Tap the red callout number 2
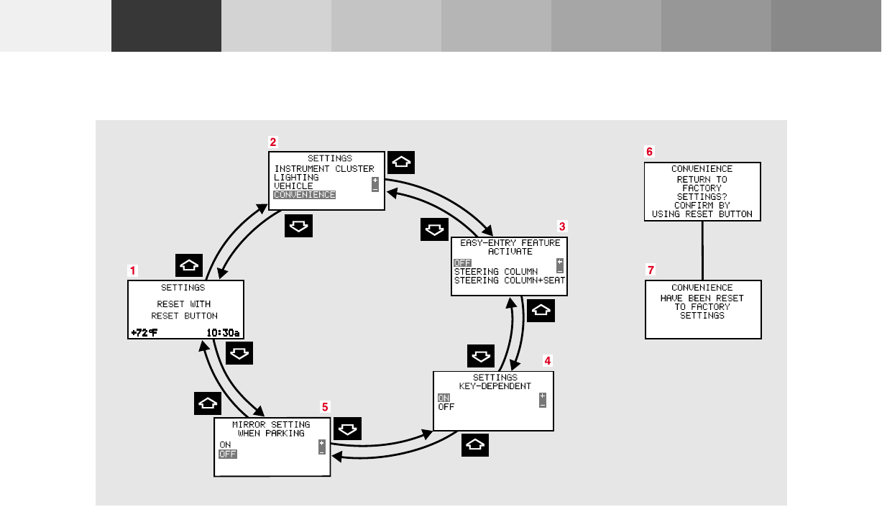(273, 142)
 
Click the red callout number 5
(325, 407)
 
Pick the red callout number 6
(650, 152)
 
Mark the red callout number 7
(651, 270)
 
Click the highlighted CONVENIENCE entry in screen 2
(305, 195)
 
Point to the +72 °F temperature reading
(144, 332)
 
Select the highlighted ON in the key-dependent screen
(444, 398)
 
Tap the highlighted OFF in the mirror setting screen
(228, 454)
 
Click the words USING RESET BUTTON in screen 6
(702, 214)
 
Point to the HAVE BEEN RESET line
(702, 298)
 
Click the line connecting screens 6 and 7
(702, 250)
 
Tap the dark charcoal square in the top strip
(166, 26)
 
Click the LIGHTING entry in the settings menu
(296, 178)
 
